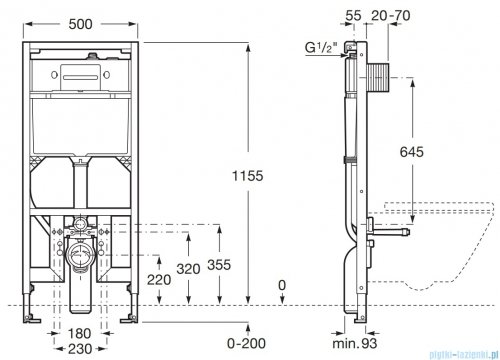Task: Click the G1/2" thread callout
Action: coord(320,45)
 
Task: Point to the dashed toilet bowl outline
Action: coord(440,240)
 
